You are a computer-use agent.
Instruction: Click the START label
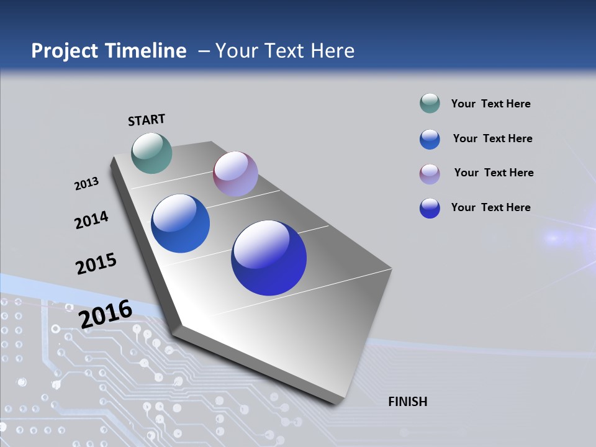pyautogui.click(x=147, y=120)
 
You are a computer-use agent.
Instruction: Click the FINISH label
pyautogui.click(x=407, y=402)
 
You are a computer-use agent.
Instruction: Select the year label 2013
pyautogui.click(x=86, y=184)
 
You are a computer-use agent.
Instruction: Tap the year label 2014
pyautogui.click(x=91, y=220)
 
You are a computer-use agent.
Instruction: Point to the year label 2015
pyautogui.click(x=96, y=264)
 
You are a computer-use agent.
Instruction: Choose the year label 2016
pyautogui.click(x=105, y=314)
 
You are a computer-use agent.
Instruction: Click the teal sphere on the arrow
pyautogui.click(x=151, y=153)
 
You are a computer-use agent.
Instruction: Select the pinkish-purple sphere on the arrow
pyautogui.click(x=235, y=174)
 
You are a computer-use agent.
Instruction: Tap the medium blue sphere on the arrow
pyautogui.click(x=180, y=223)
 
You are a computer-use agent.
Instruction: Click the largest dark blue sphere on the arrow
pyautogui.click(x=269, y=258)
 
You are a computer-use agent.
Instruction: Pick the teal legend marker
pyautogui.click(x=430, y=104)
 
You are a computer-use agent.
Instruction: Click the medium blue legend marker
pyautogui.click(x=430, y=139)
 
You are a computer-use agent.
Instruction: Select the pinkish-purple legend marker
pyautogui.click(x=430, y=174)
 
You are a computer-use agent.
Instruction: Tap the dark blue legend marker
pyautogui.click(x=430, y=208)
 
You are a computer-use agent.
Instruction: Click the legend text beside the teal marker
pyautogui.click(x=490, y=104)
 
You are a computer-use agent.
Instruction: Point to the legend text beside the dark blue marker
pyautogui.click(x=490, y=207)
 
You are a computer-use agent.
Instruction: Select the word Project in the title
pyautogui.click(x=65, y=51)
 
